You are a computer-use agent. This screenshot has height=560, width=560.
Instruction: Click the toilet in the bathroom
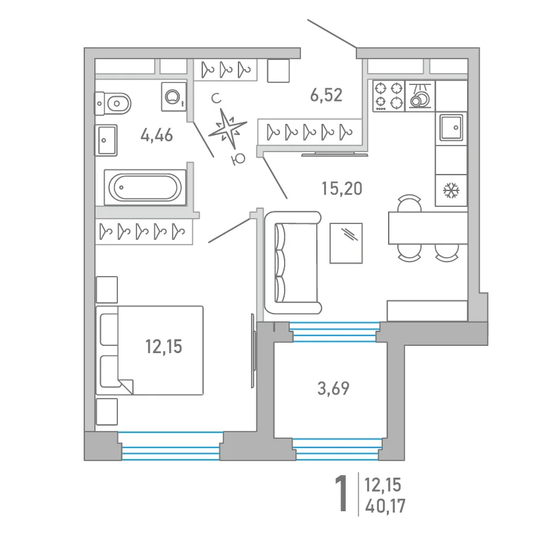[113, 103]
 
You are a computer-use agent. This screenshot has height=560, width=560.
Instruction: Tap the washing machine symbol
[174, 97]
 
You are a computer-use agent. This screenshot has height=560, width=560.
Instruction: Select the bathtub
[145, 188]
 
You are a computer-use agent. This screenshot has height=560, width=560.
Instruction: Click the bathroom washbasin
[105, 140]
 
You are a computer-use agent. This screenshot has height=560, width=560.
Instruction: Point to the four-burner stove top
[389, 96]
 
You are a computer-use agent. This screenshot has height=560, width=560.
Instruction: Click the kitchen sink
[451, 128]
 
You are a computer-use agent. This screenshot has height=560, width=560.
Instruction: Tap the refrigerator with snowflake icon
[451, 190]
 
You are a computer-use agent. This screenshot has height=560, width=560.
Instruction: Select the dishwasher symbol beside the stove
[420, 96]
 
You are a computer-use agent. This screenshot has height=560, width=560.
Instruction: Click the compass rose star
[227, 128]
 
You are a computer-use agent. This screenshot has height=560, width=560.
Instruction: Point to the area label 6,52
[326, 95]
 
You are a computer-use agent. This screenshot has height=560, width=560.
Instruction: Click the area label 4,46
[157, 135]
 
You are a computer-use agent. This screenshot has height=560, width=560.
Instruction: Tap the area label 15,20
[342, 188]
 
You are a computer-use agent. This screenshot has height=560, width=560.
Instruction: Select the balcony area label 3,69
[333, 388]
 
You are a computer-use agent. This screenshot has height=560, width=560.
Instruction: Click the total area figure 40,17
[385, 506]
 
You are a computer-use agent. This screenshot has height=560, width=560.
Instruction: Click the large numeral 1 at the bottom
[341, 493]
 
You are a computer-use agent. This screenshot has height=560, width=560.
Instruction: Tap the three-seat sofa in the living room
[293, 262]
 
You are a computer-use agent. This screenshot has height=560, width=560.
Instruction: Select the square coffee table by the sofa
[346, 243]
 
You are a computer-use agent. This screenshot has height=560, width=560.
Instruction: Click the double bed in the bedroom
[150, 350]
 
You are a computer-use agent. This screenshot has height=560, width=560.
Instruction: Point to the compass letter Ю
[238, 159]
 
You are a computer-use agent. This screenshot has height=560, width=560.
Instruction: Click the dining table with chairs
[428, 228]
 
